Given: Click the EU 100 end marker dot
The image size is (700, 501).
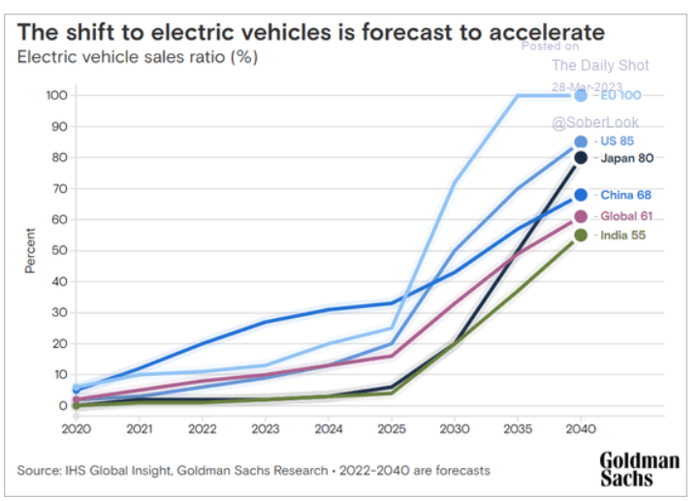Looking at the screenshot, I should tap(581, 95).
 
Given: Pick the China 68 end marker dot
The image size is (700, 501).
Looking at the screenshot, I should tap(581, 195).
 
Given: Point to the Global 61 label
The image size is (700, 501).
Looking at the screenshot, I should tap(623, 216).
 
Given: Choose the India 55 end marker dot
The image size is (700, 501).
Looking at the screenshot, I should tap(581, 235).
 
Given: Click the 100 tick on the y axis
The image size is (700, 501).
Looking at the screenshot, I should tap(55, 95).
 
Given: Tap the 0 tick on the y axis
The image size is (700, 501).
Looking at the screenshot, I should tap(61, 405).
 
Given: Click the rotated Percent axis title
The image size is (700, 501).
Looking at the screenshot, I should tap(30, 250).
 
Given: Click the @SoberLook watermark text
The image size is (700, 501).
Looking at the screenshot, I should tap(595, 123).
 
